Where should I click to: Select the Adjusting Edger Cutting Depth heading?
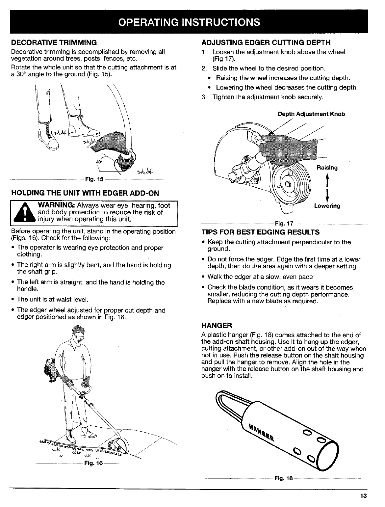[x=266, y=42]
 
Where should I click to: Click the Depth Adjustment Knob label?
[x=311, y=114]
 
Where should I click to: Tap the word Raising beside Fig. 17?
[x=327, y=168]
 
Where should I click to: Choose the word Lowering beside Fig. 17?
[x=327, y=206]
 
